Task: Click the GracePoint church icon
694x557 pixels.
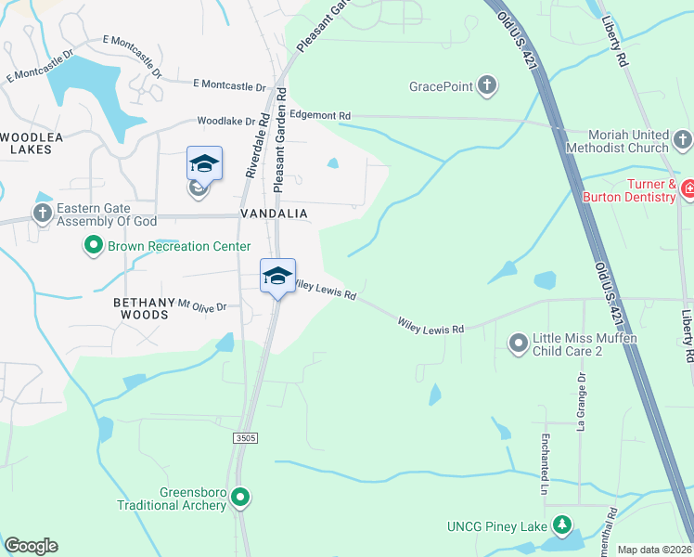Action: click(486, 87)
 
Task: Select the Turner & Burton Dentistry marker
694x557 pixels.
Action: click(688, 190)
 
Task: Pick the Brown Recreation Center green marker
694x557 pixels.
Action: click(93, 246)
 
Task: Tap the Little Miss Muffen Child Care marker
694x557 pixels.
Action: click(518, 344)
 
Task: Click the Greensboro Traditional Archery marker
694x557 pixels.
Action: click(241, 499)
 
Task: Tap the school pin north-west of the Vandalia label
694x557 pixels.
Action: click(204, 166)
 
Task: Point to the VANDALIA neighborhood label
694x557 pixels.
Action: click(274, 214)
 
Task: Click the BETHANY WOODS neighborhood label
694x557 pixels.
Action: click(142, 309)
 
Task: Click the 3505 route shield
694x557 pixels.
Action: click(245, 437)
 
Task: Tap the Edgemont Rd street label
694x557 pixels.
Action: click(320, 115)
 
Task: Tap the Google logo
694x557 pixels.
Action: click(31, 546)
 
